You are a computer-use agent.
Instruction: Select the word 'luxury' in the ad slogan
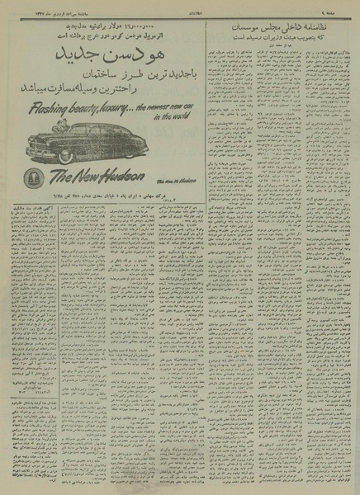[x=105, y=107]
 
